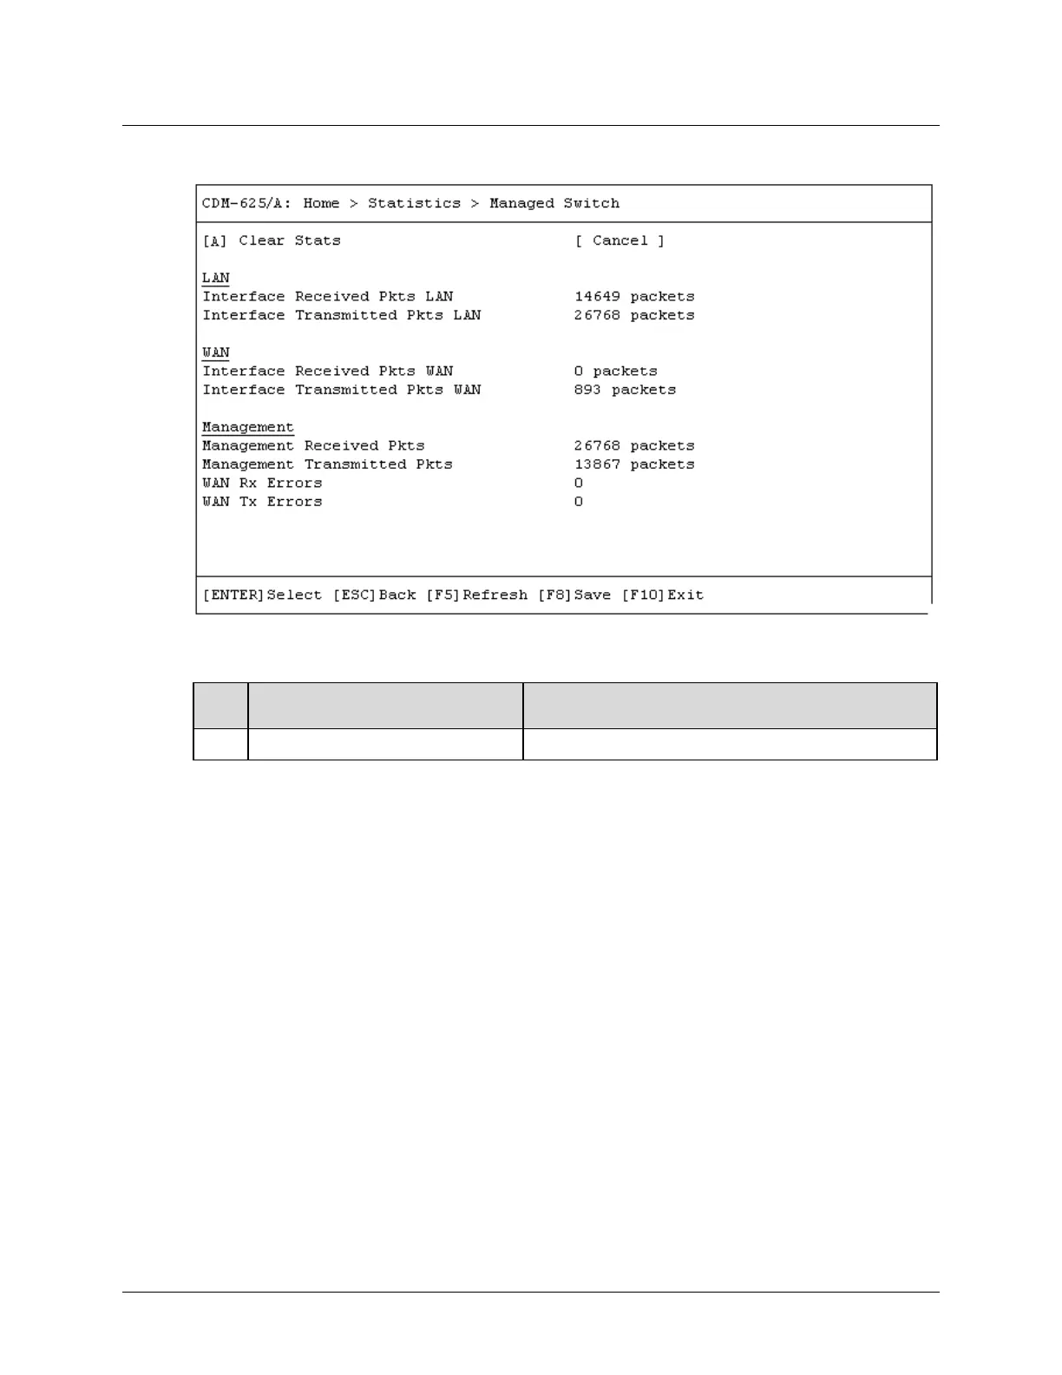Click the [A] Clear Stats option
(272, 240)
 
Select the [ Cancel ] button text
(619, 240)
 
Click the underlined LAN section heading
(216, 278)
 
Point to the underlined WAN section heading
(216, 352)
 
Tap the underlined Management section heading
(248, 427)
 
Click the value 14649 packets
(634, 297)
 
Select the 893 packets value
(625, 390)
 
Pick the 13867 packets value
(634, 464)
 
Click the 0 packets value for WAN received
(616, 372)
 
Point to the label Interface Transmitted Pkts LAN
(342, 315)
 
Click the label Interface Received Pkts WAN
(328, 372)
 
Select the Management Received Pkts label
(314, 446)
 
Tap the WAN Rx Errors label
(262, 484)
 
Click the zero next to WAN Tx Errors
(579, 502)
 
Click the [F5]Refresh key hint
(477, 595)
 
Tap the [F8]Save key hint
(574, 595)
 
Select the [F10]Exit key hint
(663, 595)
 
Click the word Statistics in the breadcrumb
(414, 203)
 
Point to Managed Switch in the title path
(554, 203)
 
